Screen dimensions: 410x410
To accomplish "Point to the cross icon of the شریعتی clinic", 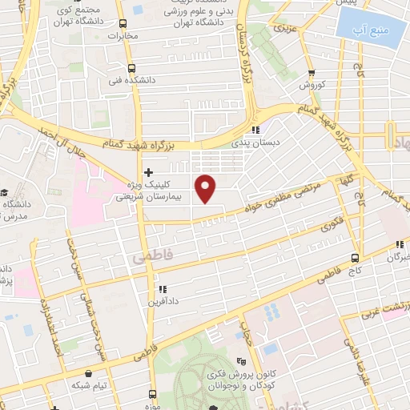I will coord(148,171).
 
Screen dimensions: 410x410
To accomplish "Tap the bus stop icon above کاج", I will coord(356,258).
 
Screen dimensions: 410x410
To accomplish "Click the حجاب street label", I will coord(246,333).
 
